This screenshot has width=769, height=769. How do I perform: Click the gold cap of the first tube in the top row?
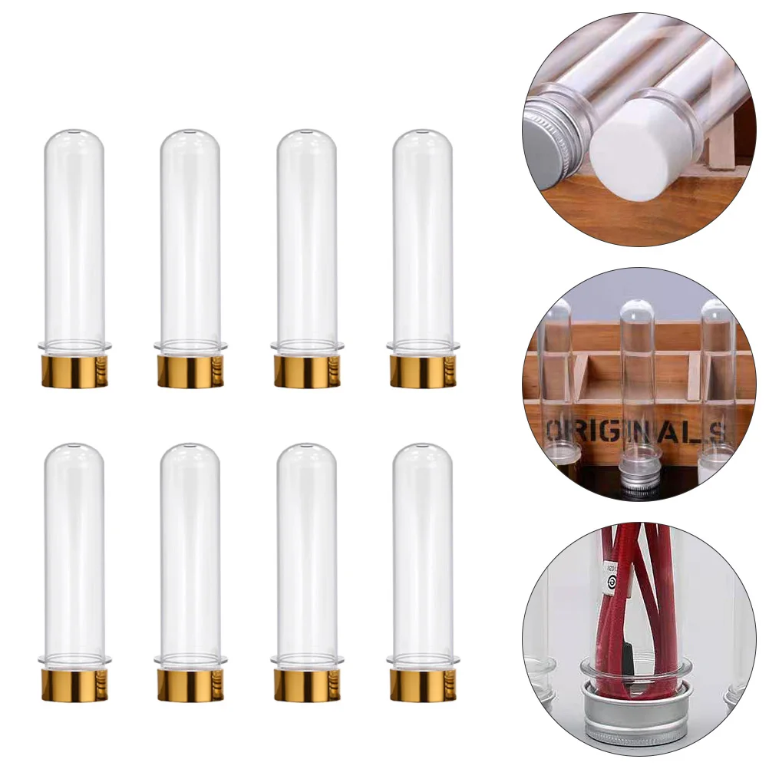tap(74, 371)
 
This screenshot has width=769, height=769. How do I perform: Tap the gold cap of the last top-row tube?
tap(423, 371)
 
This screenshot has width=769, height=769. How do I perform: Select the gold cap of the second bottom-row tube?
tap(190, 685)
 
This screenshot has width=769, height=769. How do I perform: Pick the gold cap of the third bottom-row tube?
tap(307, 685)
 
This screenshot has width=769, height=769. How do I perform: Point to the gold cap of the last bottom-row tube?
tap(423, 685)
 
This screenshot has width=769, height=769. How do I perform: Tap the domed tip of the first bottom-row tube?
tap(74, 454)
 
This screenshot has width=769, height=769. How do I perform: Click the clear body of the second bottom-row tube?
tap(190, 553)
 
